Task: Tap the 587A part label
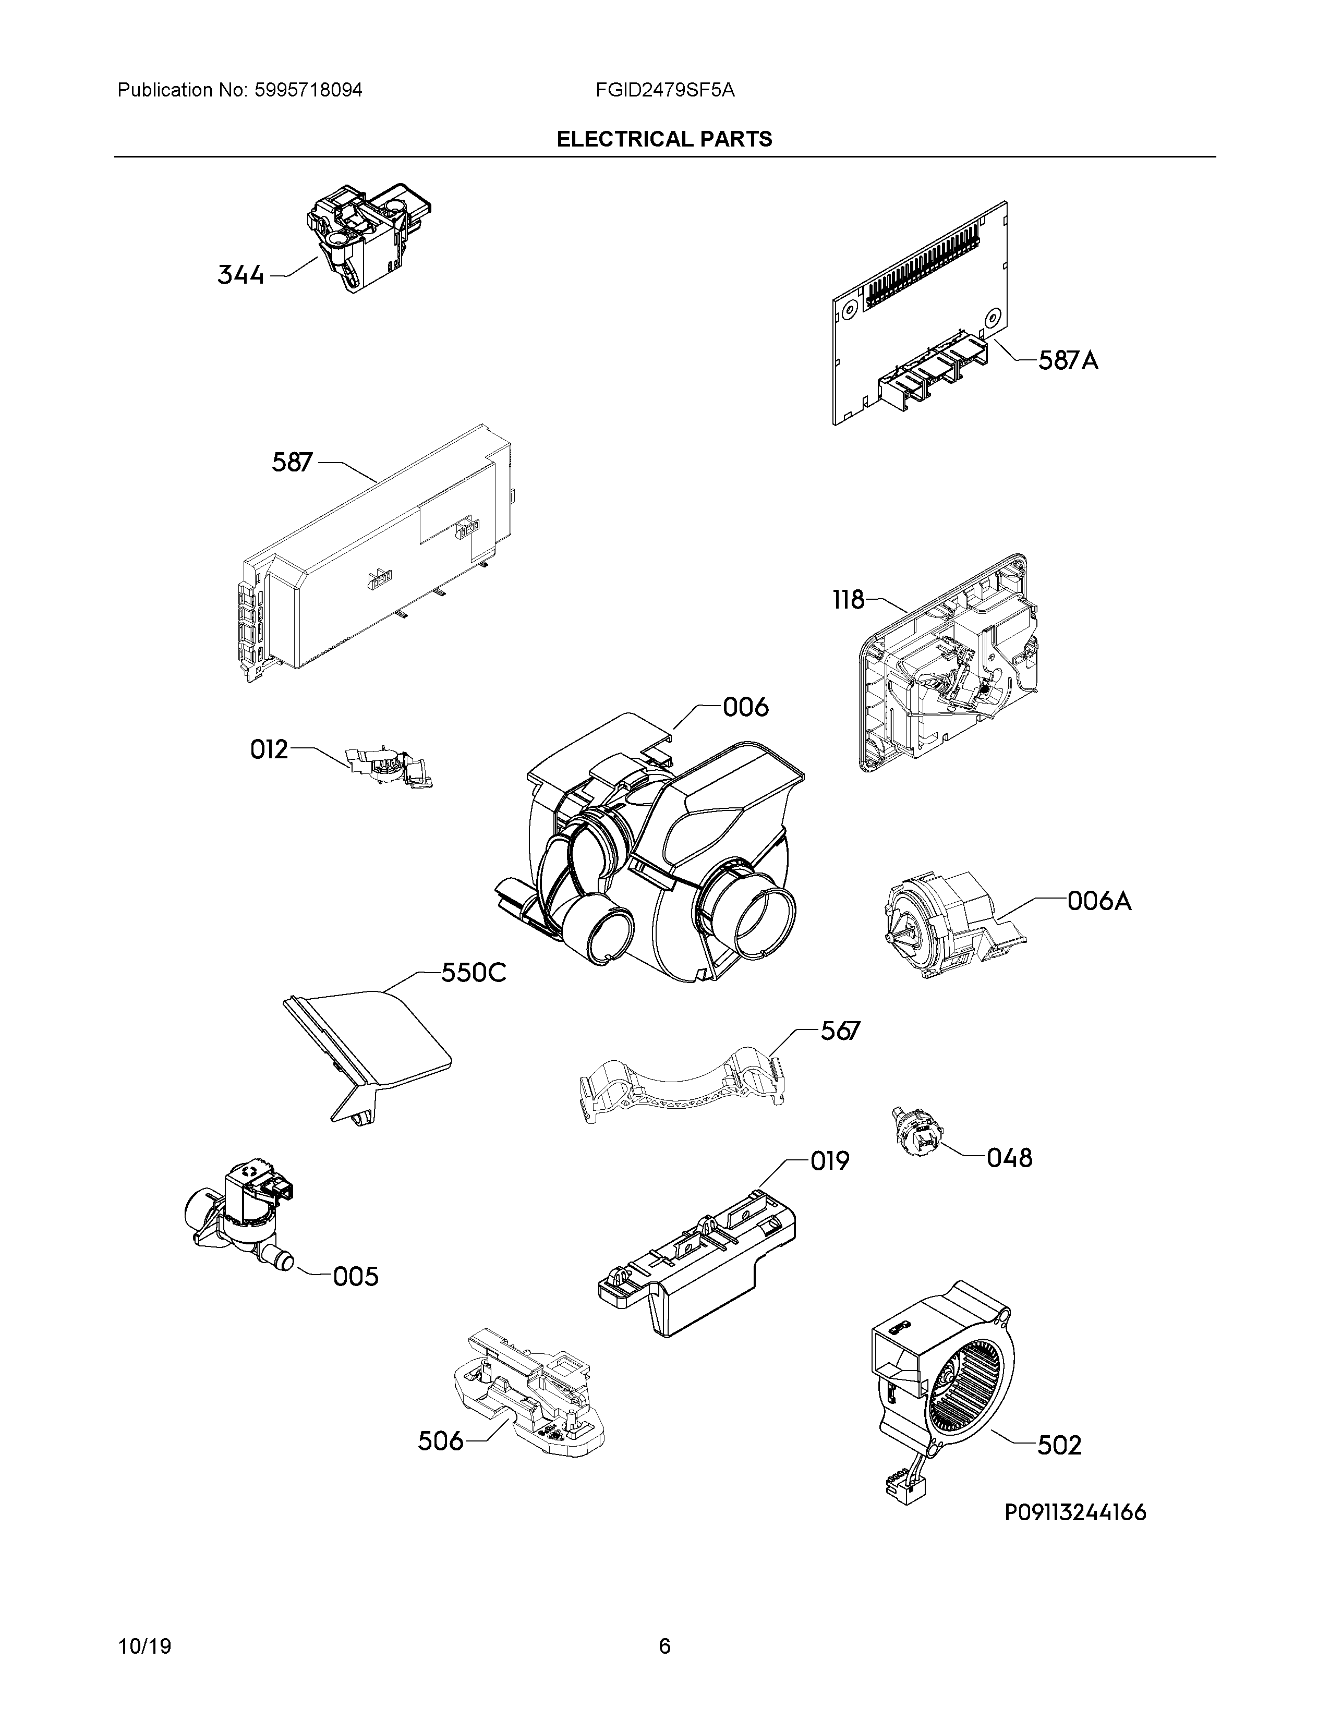click(1068, 361)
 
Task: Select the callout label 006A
click(1099, 900)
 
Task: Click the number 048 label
click(1009, 1158)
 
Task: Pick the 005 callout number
click(355, 1277)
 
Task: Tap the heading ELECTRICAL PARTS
click(664, 139)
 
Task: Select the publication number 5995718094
click(309, 90)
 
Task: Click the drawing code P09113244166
click(1075, 1512)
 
